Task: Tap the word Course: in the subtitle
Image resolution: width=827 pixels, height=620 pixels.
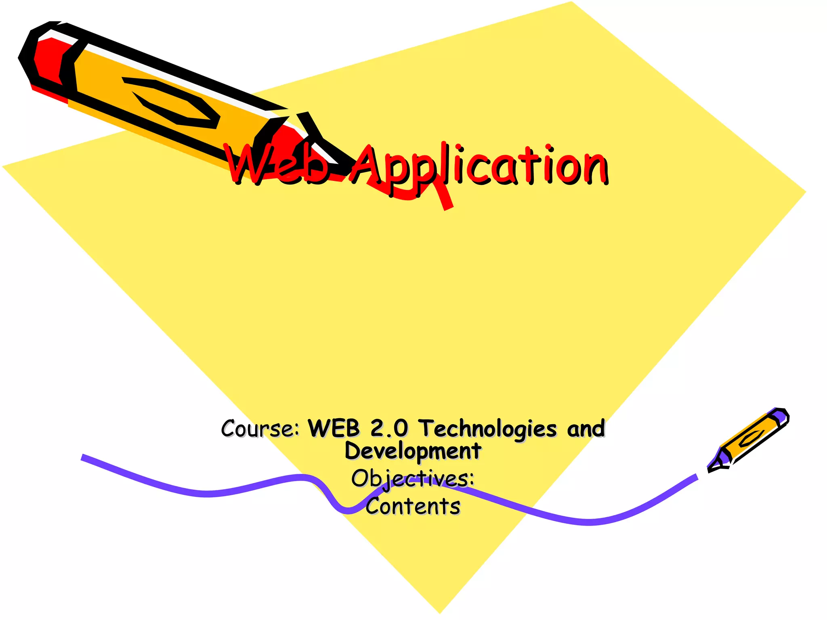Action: tap(260, 428)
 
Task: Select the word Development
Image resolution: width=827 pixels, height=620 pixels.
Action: tap(413, 451)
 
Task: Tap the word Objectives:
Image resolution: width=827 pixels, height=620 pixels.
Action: tap(413, 479)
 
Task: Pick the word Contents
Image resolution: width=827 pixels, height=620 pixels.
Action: tap(413, 506)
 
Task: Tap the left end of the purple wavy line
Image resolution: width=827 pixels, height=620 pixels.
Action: tap(83, 457)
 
